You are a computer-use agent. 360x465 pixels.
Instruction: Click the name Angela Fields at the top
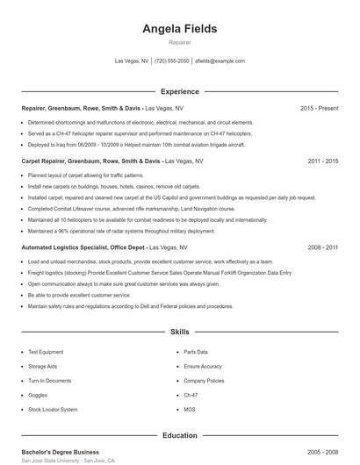coord(180,29)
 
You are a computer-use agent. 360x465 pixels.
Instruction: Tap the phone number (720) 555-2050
coord(172,61)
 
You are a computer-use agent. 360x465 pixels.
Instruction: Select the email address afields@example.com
coord(220,61)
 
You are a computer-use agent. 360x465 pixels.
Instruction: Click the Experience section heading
coord(180,91)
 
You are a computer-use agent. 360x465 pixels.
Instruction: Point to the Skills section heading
coord(180,333)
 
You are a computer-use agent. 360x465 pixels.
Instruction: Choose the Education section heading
coord(180,435)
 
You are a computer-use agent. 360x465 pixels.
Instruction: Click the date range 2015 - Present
coord(319,108)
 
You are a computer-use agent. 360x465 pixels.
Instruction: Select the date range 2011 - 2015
coord(322,161)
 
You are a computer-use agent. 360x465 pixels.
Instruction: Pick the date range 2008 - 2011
coord(322,248)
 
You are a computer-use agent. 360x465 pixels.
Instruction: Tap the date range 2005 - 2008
coord(322,451)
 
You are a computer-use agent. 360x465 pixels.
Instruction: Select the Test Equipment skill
coord(46,352)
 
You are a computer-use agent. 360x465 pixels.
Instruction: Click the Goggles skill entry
coord(39,395)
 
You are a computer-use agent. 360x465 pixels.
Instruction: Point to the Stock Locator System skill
coord(53,410)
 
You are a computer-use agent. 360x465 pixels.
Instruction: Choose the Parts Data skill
coord(196,352)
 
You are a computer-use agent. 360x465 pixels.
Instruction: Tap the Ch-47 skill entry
coord(192,395)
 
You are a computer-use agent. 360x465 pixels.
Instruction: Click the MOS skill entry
coord(191,410)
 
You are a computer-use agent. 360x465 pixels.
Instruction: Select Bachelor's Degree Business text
coord(60,451)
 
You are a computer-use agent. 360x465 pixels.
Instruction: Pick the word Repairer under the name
coord(180,42)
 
